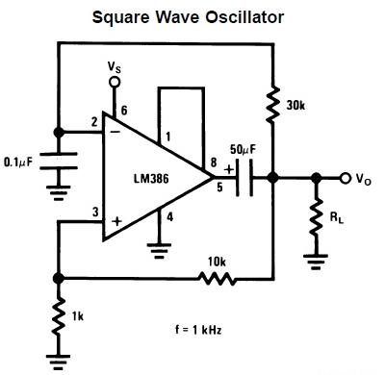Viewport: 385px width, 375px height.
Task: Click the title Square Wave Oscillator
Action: pos(192,17)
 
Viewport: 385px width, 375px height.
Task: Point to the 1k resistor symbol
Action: pos(58,313)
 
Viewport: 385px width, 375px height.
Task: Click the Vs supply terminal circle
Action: pos(115,84)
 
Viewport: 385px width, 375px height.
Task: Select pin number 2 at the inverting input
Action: pos(92,121)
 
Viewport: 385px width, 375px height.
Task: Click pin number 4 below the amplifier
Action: pos(170,216)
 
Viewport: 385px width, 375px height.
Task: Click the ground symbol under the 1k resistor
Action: pos(58,360)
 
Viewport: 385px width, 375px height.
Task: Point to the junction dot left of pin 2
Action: pos(58,132)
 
